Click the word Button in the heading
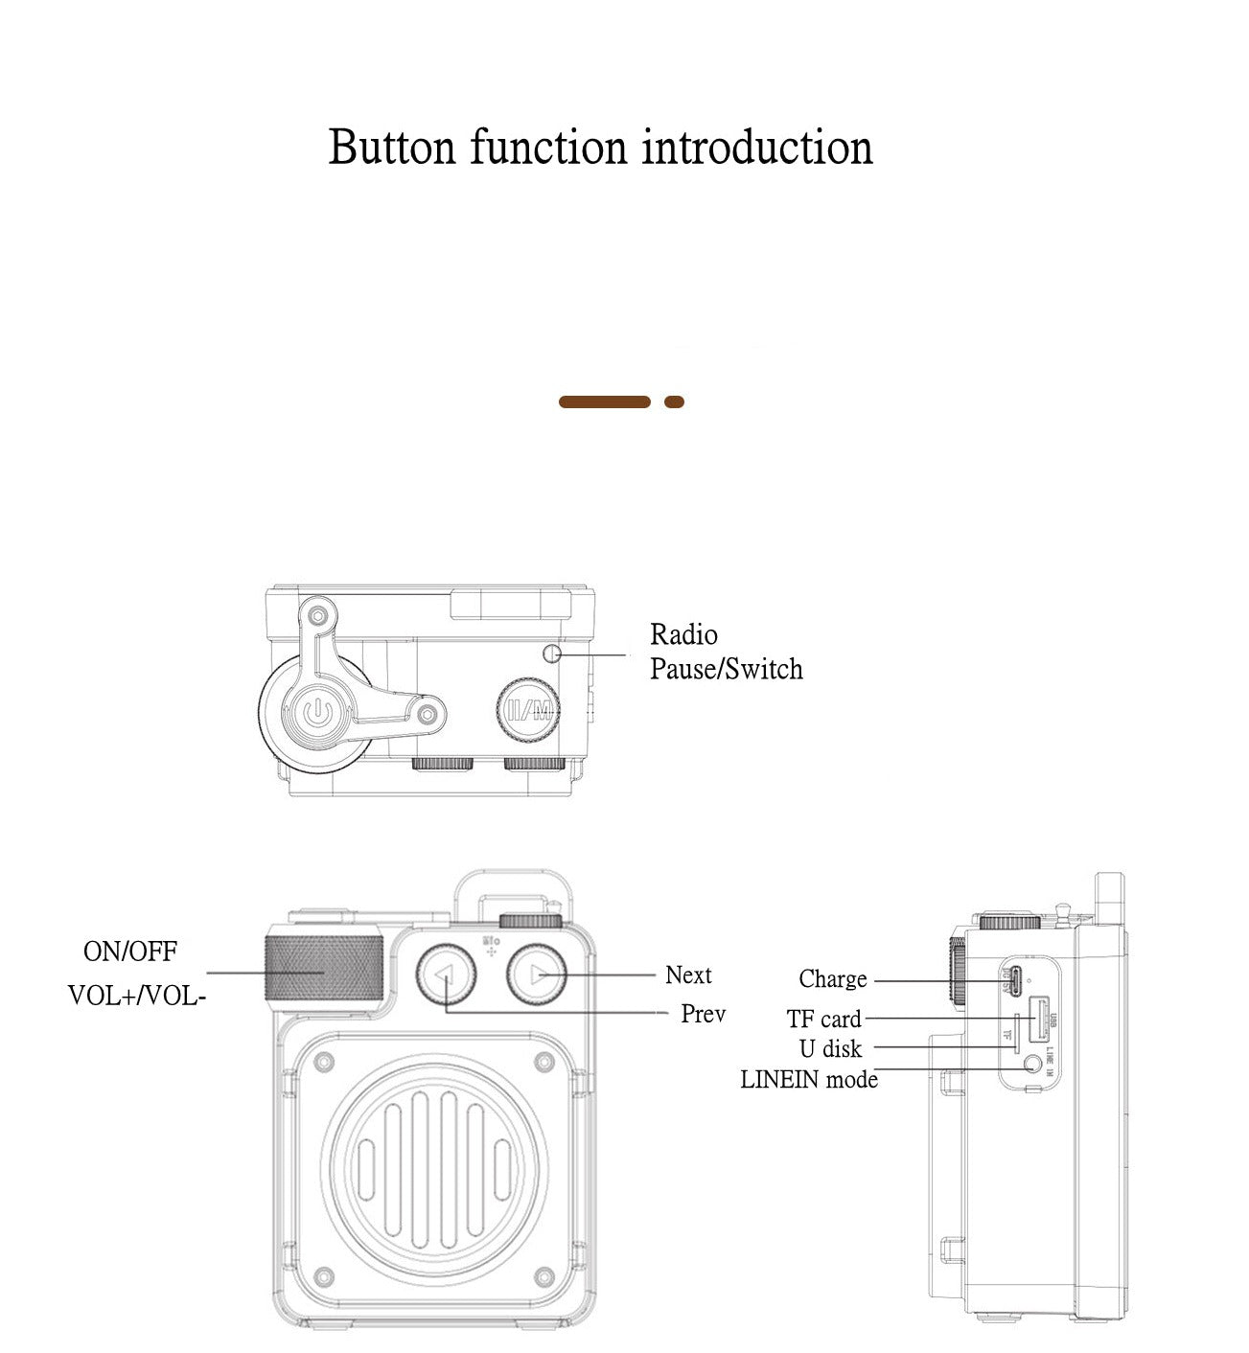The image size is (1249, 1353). pyautogui.click(x=391, y=149)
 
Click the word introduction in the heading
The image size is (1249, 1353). pyautogui.click(x=757, y=149)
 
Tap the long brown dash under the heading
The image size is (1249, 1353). pyautogui.click(x=604, y=402)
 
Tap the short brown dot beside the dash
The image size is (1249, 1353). pyautogui.click(x=674, y=402)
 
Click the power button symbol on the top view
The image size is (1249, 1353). pyautogui.click(x=317, y=713)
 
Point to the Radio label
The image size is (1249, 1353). pyautogui.click(x=683, y=634)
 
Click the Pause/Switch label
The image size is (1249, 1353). pyautogui.click(x=726, y=669)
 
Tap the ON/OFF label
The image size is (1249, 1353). pyautogui.click(x=130, y=952)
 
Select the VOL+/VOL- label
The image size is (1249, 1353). pyautogui.click(x=137, y=996)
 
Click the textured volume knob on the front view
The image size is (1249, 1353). pyautogui.click(x=324, y=969)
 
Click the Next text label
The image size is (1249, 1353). pyautogui.click(x=688, y=975)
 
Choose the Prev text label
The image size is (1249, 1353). pyautogui.click(x=703, y=1014)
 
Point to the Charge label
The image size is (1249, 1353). pyautogui.click(x=832, y=979)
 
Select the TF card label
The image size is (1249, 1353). pyautogui.click(x=823, y=1019)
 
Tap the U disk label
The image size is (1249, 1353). pyautogui.click(x=830, y=1049)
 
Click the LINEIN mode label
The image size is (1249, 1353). pyautogui.click(x=809, y=1080)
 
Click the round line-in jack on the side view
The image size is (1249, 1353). pyautogui.click(x=1032, y=1064)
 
